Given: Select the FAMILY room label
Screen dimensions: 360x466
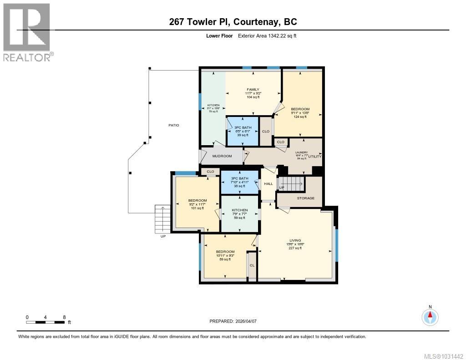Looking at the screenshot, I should [253, 90].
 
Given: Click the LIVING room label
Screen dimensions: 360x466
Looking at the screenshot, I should [296, 240].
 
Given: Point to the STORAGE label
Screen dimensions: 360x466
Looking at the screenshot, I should [306, 198].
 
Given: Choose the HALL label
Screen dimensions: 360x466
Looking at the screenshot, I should [268, 183].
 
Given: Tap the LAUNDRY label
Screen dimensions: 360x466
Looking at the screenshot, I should [301, 153].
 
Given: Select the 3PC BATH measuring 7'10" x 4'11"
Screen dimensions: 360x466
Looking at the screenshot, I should [239, 178].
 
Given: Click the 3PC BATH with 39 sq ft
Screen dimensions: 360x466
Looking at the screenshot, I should [243, 127].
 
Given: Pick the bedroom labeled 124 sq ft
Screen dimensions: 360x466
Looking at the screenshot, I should [300, 109].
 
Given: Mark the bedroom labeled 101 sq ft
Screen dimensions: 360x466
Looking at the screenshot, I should [198, 201].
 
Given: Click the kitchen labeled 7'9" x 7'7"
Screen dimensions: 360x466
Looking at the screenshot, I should [239, 210].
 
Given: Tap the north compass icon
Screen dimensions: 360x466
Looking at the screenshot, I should [430, 316].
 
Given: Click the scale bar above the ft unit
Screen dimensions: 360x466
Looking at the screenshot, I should [46, 322].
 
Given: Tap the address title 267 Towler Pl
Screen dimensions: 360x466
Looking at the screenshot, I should [233, 22].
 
